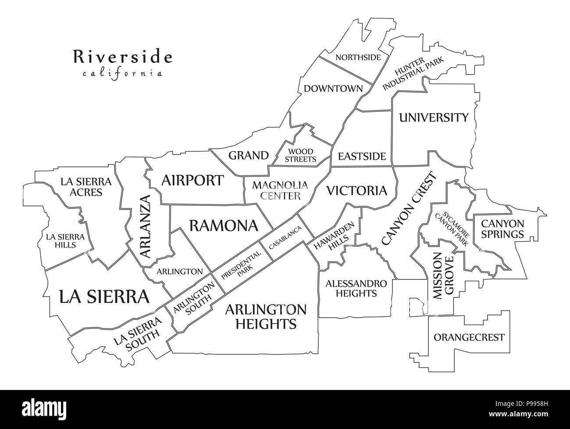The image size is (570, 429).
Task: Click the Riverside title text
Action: coord(122,57)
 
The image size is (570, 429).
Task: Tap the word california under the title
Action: coord(122,73)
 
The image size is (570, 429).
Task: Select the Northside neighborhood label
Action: coord(358,57)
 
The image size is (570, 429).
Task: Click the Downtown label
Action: coord(333,89)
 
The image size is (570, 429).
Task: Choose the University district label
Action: coord(433,118)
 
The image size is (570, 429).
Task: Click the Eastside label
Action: coord(362,157)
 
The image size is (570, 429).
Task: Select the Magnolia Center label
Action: coord(276,190)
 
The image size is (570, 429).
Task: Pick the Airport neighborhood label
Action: coord(192,180)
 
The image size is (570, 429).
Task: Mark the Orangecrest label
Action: coord(469,337)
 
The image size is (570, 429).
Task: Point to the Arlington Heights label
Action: coord(266,316)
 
